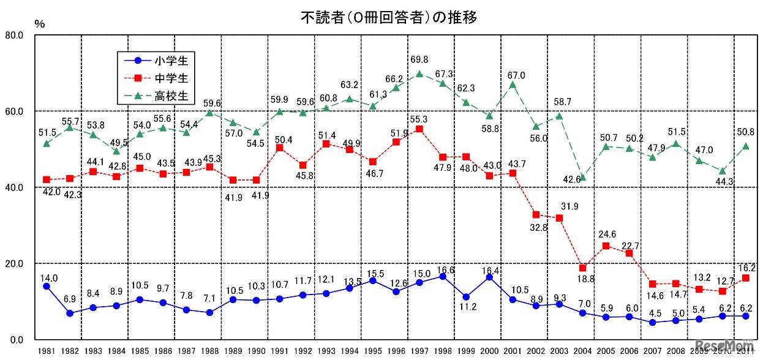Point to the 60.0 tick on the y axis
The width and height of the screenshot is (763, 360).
pos(13,111)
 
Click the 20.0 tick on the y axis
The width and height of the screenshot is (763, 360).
pos(13,264)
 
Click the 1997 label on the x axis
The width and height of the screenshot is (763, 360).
pos(419,351)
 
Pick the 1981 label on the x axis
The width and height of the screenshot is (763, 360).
pos(46,351)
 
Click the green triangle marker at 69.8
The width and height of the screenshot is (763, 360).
pos(419,74)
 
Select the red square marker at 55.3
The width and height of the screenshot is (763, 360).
pos(419,129)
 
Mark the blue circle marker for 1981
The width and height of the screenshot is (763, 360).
pos(46,286)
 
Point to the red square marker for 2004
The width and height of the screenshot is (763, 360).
pos(582,268)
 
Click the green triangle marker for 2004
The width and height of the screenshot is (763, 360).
pos(582,177)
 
